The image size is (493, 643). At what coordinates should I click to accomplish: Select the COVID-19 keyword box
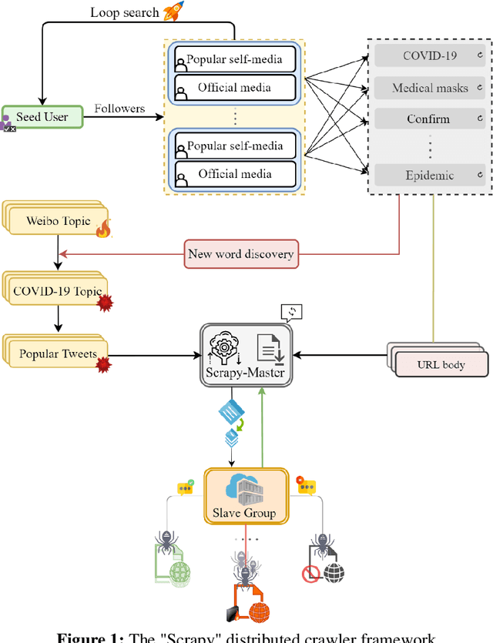point(430,55)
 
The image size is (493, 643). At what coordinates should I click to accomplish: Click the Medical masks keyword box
point(430,88)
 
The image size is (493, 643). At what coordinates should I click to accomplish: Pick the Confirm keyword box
point(430,119)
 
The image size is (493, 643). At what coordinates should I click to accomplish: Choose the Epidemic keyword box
point(430,175)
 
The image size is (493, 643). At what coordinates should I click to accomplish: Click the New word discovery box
point(240,253)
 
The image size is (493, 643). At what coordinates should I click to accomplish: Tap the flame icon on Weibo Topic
point(103,227)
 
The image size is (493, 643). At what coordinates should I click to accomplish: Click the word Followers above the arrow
point(119,109)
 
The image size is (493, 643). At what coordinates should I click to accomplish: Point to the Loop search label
point(125,12)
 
